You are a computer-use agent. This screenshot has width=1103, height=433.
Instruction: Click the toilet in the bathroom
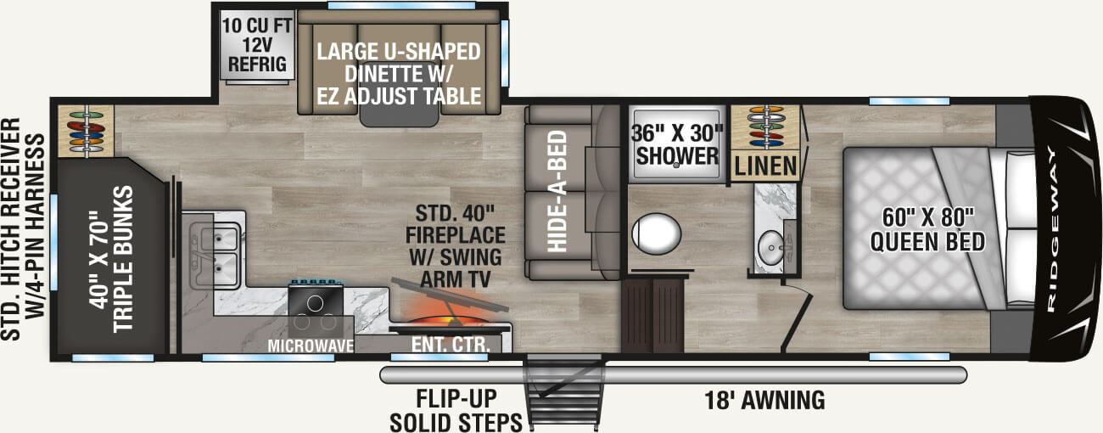(657, 232)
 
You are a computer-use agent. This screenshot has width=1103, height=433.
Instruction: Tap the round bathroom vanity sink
(772, 247)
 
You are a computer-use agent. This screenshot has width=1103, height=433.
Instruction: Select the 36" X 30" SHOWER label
(677, 145)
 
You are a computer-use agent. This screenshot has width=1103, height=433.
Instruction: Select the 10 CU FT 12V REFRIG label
(254, 44)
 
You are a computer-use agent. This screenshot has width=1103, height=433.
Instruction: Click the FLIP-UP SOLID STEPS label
(456, 410)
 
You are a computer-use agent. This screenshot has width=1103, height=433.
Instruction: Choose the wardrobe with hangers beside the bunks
(85, 132)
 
